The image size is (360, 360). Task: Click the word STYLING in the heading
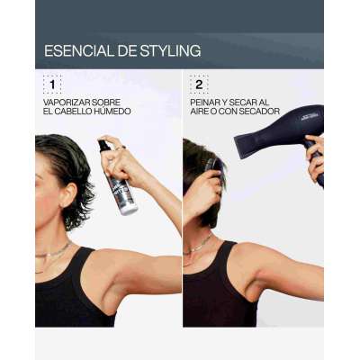tap(170, 50)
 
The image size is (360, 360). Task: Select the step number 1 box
tap(52, 85)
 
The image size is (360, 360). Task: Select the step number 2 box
tap(199, 85)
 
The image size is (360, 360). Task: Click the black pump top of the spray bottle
tap(103, 147)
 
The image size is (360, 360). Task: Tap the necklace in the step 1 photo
tap(53, 255)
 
